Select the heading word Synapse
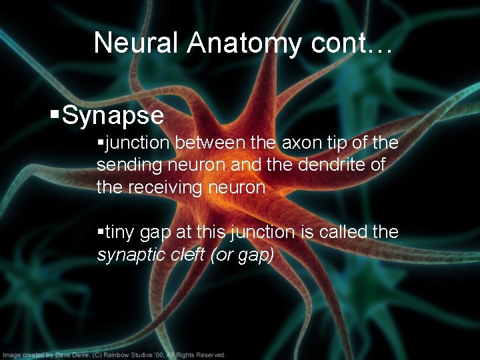point(113,115)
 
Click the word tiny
point(118,232)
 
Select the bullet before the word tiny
point(100,232)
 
